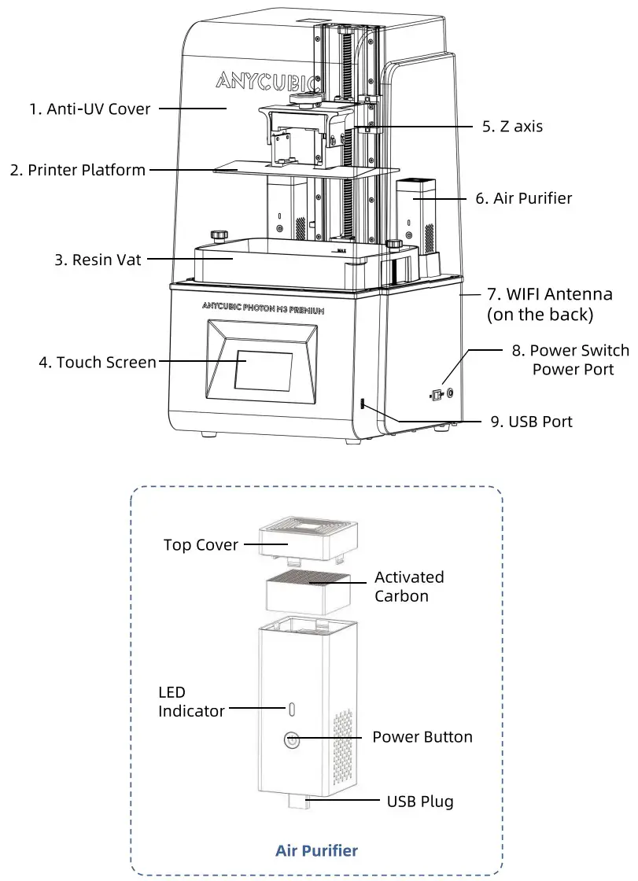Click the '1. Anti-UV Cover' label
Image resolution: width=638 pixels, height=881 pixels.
tap(90, 109)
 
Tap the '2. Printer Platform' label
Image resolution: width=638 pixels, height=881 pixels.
tap(77, 170)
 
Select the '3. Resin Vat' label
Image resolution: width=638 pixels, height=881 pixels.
tap(98, 259)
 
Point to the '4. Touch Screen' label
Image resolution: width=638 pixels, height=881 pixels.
tap(98, 363)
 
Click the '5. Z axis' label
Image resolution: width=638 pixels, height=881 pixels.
tap(511, 126)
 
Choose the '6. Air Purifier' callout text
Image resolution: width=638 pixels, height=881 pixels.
tap(523, 198)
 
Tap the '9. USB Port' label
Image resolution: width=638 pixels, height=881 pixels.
tap(531, 422)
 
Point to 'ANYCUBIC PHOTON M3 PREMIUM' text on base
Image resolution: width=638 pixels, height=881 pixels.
tap(263, 310)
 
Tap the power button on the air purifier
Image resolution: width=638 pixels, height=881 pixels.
tap(292, 739)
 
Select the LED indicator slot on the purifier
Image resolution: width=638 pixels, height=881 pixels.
tap(291, 709)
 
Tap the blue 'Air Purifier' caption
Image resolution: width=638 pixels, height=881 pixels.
tap(316, 850)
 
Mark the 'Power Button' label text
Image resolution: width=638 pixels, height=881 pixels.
tap(422, 737)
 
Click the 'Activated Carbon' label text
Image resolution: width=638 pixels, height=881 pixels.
tap(408, 586)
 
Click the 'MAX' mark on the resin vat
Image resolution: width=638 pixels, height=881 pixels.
tap(341, 251)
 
